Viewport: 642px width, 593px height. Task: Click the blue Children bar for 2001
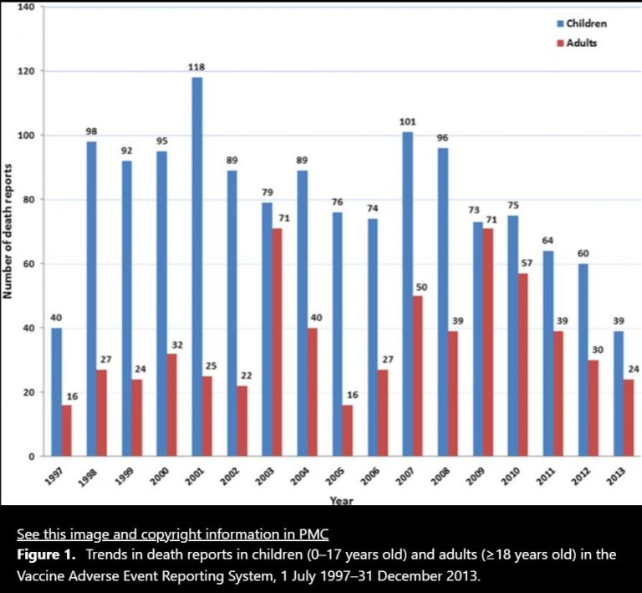197,268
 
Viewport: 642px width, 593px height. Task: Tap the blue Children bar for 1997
55,392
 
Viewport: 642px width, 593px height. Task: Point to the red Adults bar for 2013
629,418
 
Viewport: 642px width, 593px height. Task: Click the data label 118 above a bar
197,67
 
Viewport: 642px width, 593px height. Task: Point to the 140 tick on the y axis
25,7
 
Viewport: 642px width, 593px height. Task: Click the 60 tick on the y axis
28,263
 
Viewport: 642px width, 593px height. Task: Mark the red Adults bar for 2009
488,343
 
